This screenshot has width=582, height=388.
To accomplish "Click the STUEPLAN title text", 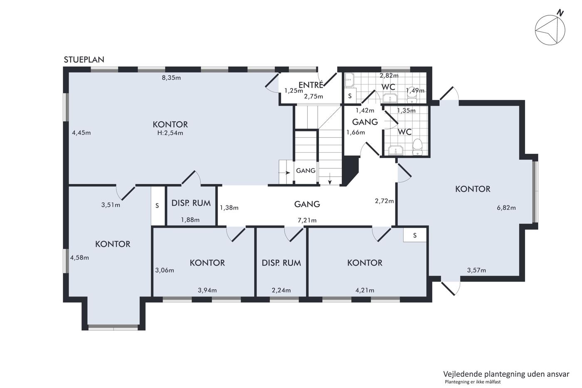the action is coord(84,60).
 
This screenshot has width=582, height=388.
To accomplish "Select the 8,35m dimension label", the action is coord(171,78).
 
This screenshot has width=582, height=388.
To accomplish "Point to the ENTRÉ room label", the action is coord(311,85).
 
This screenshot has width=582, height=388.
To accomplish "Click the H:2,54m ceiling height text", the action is coord(170,133).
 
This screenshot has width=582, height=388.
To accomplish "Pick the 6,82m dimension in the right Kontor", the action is coord(506,208).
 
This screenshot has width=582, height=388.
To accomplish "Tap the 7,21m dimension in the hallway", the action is coord(307,220).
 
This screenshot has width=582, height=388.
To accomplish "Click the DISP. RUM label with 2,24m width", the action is coord(281,263).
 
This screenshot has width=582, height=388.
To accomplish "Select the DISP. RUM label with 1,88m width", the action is coord(191,203).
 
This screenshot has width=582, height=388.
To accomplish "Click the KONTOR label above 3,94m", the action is coord(207,263).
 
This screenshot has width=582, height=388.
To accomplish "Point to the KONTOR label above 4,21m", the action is coord(365,263).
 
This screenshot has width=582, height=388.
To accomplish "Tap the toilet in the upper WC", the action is coord(412,94).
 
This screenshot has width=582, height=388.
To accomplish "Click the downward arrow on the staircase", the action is coord(330,179).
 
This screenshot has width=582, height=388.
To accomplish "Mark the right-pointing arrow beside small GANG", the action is coord(284,173).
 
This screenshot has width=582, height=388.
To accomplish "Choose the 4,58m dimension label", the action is coord(79,257).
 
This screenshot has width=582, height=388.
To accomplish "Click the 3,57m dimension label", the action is coord(476,270).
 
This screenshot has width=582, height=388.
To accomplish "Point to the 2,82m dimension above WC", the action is coord(389,76).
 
